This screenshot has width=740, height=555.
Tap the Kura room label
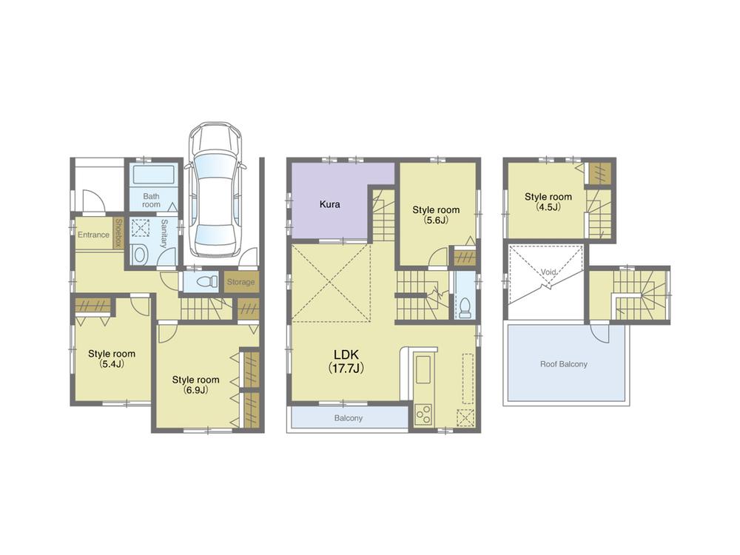330,204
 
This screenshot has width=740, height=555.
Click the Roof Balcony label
565,364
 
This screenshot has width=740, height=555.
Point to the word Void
548,272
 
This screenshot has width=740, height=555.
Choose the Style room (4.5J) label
548,202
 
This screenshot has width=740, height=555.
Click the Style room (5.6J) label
436,215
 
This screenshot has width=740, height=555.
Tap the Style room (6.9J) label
196,385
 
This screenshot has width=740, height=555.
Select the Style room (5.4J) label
112,359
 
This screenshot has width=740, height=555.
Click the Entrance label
93,235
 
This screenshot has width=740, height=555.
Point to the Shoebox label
118,233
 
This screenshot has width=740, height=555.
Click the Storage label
241,282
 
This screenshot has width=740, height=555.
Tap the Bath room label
151,200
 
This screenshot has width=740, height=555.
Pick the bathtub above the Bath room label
153,175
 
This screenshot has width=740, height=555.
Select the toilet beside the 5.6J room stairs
465,306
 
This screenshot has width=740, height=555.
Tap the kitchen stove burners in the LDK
424,415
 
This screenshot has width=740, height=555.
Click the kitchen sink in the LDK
424,370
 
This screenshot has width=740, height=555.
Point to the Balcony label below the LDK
349,418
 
